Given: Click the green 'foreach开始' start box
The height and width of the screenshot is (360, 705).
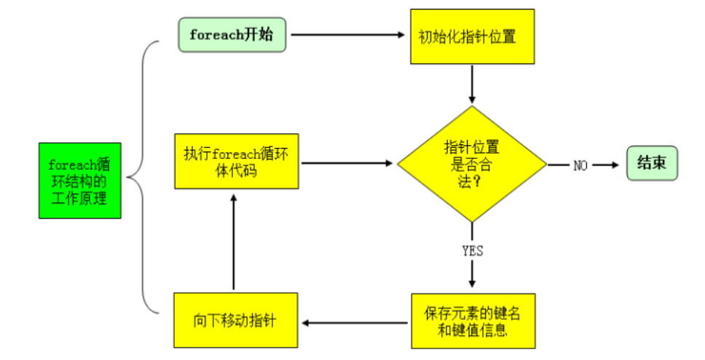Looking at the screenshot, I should [232, 35].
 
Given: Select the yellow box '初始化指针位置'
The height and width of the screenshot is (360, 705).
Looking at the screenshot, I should [472, 36].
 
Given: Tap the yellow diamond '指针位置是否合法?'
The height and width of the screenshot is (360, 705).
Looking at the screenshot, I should [472, 164].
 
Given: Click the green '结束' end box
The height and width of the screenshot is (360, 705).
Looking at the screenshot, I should [652, 163].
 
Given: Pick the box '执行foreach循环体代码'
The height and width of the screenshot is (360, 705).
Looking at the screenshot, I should [236, 161].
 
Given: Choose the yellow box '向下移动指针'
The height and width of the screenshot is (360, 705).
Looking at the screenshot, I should [236, 321].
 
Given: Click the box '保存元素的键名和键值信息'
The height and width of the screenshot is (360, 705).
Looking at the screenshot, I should [472, 321].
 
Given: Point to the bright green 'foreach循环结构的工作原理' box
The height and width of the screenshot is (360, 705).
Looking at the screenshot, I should [79, 181].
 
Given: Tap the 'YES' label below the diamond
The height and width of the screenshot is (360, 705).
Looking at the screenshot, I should [473, 251].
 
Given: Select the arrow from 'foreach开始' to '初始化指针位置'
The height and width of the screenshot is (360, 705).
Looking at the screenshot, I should [347, 34].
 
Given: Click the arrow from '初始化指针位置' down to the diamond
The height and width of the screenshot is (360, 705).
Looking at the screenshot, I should [473, 84].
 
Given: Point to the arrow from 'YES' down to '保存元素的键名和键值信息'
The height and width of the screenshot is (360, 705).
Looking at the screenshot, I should [473, 274].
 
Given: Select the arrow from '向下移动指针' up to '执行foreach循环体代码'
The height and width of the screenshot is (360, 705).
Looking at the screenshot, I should [234, 240].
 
